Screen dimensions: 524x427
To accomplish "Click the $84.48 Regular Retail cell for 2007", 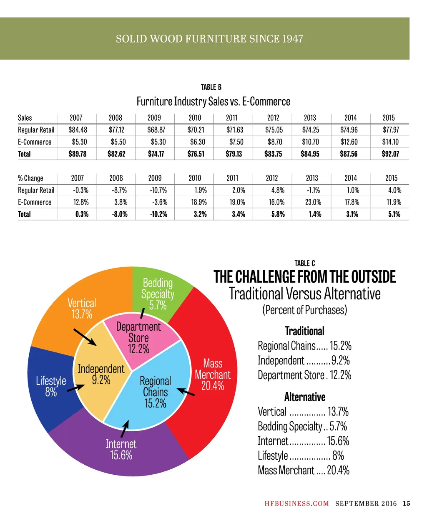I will (x=78, y=130).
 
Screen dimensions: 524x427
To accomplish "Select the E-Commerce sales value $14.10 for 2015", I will (x=390, y=142).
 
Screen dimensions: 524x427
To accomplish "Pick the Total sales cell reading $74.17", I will (x=156, y=154).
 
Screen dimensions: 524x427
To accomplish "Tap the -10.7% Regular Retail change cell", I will (x=158, y=190).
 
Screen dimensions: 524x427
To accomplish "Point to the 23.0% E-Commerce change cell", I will (x=313, y=202).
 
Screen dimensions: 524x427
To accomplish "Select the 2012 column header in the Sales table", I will (x=273, y=118).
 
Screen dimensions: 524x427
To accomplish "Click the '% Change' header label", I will (x=30, y=178).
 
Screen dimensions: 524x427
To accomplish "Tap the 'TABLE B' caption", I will (x=211, y=87).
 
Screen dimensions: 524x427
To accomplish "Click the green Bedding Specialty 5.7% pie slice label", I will (x=158, y=294).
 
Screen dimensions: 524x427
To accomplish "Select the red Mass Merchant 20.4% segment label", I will (x=213, y=374).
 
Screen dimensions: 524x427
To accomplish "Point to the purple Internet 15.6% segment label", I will (x=121, y=449).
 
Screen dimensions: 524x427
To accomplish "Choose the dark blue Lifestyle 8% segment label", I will (x=51, y=386).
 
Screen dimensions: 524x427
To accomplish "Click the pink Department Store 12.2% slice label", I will (x=138, y=337).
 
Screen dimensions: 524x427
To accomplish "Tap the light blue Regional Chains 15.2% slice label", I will (x=155, y=392).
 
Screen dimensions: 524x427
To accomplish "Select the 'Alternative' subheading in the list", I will (x=304, y=397).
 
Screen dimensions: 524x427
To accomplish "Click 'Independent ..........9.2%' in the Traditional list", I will (x=304, y=360).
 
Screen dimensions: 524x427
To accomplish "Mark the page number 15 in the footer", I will (x=406, y=504).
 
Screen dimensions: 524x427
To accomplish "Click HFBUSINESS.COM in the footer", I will (x=296, y=504).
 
